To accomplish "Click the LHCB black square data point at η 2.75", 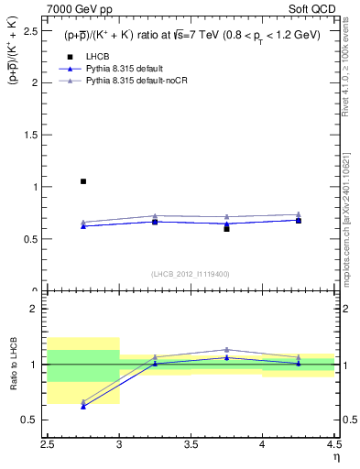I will point(83,181).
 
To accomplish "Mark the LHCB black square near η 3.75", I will point(226,228).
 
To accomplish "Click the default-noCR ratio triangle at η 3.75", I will point(226,350).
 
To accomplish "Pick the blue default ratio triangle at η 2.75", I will point(83,406).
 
